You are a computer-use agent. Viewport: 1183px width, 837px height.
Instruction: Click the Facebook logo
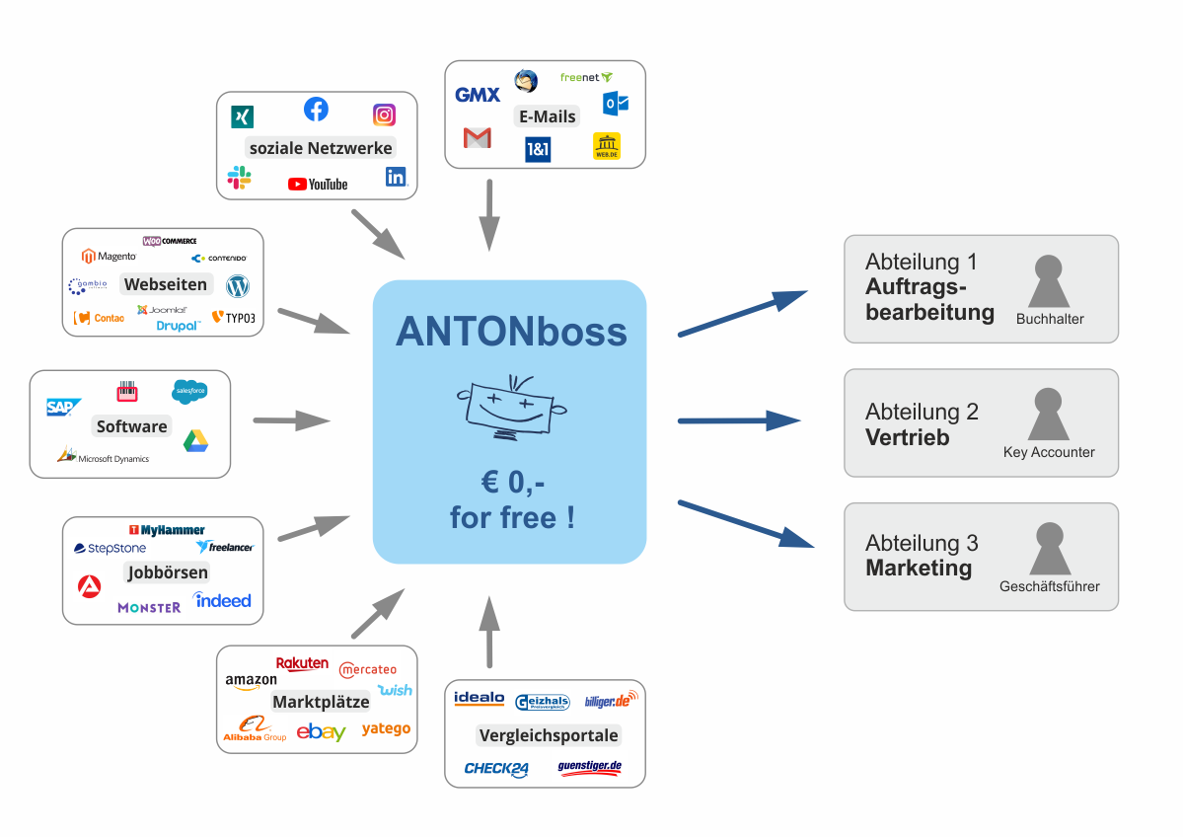tap(316, 109)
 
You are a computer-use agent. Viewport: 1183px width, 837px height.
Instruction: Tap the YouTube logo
tap(318, 184)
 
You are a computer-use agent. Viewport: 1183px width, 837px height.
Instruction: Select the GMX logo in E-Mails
tap(478, 95)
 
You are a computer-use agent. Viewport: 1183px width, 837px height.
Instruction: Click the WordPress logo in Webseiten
tap(238, 286)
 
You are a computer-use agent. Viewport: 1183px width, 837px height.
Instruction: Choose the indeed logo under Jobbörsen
tap(222, 600)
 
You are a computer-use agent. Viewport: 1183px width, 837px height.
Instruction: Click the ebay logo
tap(321, 731)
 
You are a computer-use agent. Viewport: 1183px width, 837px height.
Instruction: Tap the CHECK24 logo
tap(496, 769)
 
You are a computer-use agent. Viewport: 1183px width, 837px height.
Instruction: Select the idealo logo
tap(479, 699)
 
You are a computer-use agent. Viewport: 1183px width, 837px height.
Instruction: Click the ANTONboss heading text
tap(511, 333)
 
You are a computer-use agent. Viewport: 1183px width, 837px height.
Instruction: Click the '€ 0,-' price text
tap(511, 484)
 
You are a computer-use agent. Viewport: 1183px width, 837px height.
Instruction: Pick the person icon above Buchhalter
tap(1049, 282)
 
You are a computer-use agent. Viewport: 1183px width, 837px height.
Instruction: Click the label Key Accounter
tap(1049, 452)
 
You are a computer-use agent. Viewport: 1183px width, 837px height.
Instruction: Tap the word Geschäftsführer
tap(1049, 586)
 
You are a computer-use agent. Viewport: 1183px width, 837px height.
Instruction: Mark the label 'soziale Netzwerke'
tap(321, 148)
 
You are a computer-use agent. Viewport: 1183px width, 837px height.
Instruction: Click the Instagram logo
tap(384, 114)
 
